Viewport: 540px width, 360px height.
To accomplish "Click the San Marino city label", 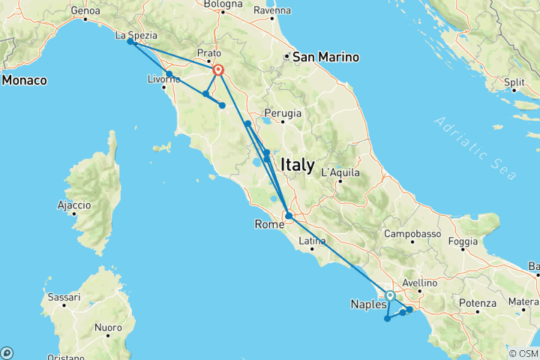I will coord(325,57).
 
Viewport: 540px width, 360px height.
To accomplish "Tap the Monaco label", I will coord(24,79).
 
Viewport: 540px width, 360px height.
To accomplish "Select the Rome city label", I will coord(270,224).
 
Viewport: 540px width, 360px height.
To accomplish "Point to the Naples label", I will coord(368,304).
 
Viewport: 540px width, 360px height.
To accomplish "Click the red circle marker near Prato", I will coord(218,70).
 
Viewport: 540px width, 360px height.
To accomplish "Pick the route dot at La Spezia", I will coord(130,42).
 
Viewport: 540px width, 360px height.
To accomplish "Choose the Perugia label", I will coord(283,113).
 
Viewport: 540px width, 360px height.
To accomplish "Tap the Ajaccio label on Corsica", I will coord(73,205).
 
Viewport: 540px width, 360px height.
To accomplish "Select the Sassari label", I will coord(64,298).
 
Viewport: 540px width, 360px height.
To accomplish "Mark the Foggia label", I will coord(464,241).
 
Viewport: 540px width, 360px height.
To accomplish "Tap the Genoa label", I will coord(85,11).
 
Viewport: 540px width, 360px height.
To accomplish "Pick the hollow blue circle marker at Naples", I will coord(390,295).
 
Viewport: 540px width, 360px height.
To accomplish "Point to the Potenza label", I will coord(480,303).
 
